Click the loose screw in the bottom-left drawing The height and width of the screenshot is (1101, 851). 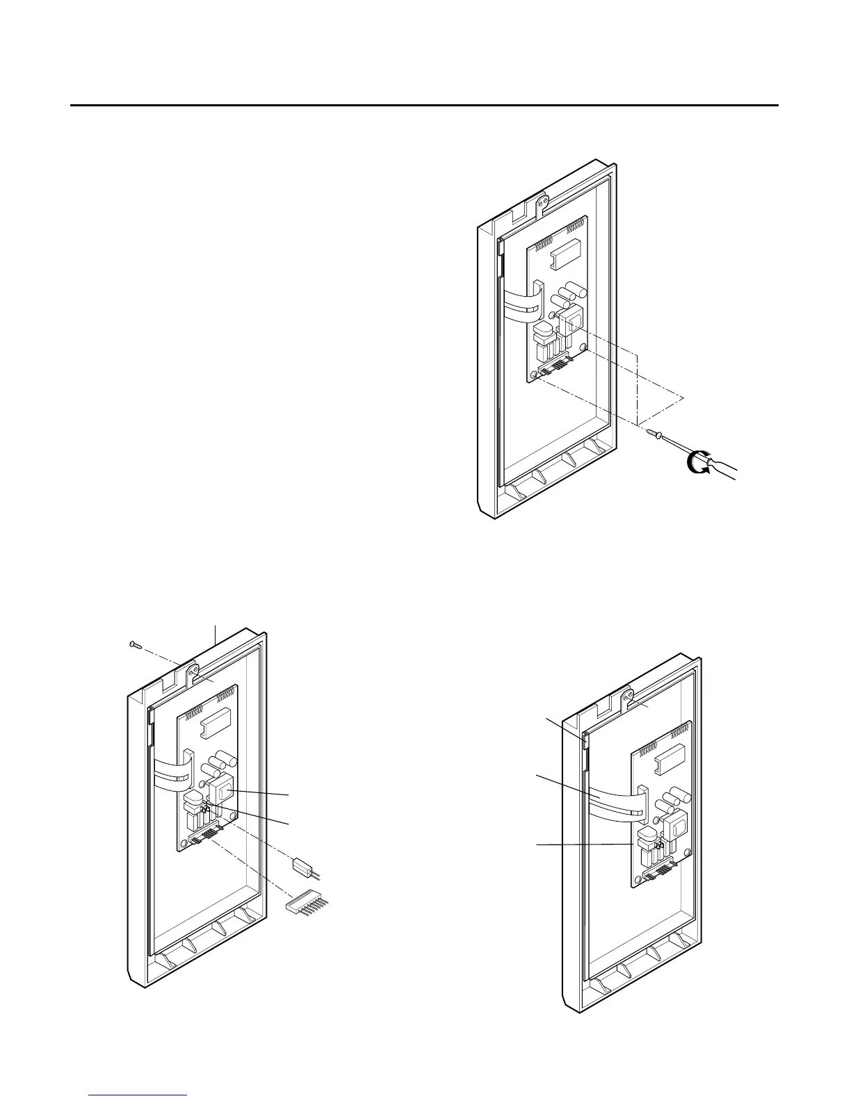click(136, 644)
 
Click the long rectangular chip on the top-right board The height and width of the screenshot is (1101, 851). click(562, 256)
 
